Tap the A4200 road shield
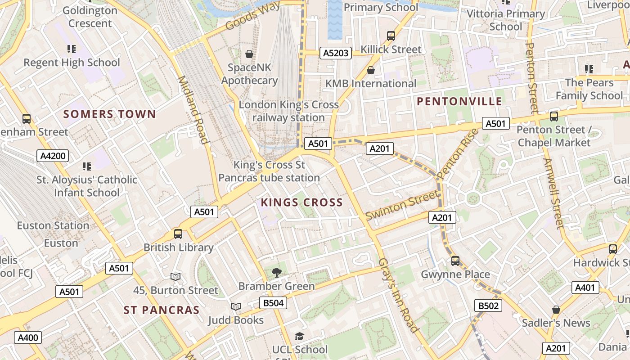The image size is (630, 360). [x=53, y=156]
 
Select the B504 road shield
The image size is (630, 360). [x=273, y=303]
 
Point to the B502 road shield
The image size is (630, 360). [x=488, y=306]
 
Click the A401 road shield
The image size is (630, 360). [x=585, y=288]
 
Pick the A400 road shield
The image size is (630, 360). [x=27, y=337]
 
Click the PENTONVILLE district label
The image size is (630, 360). [x=459, y=101]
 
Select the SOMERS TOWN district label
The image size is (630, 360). [x=109, y=114]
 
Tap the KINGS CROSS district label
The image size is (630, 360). [x=301, y=202]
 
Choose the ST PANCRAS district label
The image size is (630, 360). [x=162, y=310]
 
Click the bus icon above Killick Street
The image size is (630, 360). [x=391, y=36]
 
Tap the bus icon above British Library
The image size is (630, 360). [x=178, y=234]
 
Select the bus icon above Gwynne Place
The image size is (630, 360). [x=455, y=261]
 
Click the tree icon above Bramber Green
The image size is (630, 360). [x=276, y=272]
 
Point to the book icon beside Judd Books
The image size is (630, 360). [x=236, y=307]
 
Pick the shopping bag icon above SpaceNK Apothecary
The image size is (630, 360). [x=249, y=54]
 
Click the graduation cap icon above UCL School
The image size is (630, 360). [x=299, y=336]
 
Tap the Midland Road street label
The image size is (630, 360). [x=193, y=110]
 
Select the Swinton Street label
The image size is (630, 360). [x=401, y=205]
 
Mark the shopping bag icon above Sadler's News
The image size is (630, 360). [x=556, y=310]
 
